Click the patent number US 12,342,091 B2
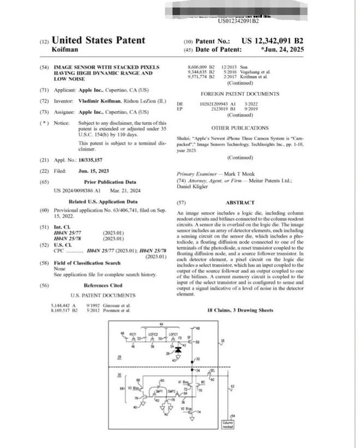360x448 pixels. (x=272, y=41)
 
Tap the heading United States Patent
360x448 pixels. (x=98, y=40)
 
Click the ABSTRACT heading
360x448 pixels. (x=240, y=202)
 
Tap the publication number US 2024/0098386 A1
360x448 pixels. (x=77, y=191)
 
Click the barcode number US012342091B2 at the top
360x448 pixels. (x=238, y=21)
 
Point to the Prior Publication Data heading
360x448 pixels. (x=104, y=181)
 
